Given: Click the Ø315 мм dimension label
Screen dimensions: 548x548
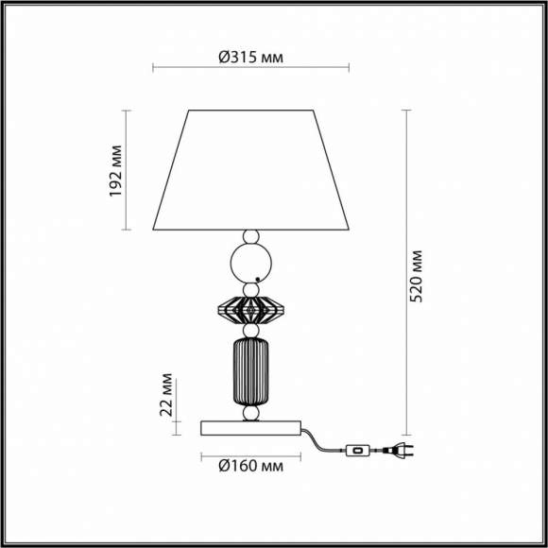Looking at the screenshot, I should click(250, 57).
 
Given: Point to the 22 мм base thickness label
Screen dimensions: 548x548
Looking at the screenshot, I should click(166, 394).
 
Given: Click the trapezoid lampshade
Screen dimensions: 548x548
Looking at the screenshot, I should click(250, 170).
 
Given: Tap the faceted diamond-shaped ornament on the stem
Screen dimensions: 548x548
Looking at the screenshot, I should click(250, 308).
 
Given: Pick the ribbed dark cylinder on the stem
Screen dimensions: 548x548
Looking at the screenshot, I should click(250, 371).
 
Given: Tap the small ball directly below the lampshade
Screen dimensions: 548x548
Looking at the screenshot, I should click(250, 236).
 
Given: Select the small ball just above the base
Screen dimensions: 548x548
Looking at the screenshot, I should click(250, 414).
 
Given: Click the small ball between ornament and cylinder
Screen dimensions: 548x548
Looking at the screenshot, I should click(250, 331).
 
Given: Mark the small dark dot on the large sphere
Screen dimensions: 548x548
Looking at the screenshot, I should click(258, 280).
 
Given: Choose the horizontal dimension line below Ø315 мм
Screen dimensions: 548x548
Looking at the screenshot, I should click(250, 68).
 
